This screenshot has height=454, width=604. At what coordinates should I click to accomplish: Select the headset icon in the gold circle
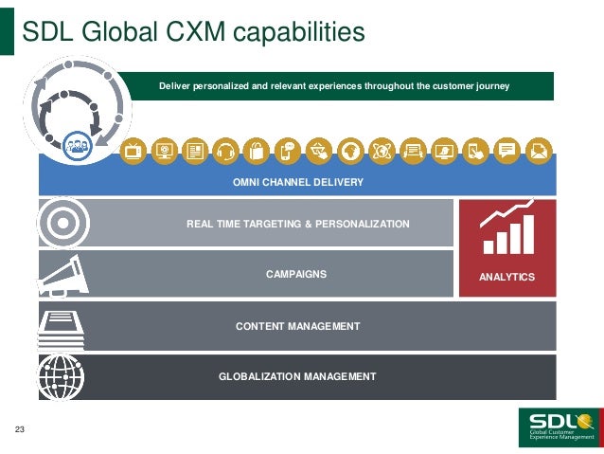tap(225, 151)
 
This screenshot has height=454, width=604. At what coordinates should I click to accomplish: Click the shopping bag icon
tap(256, 151)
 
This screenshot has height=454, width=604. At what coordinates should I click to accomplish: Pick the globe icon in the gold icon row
tap(351, 151)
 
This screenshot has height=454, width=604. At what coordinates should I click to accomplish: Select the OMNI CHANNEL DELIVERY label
tap(298, 181)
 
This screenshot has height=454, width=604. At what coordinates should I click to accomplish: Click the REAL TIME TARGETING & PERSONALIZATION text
tap(298, 224)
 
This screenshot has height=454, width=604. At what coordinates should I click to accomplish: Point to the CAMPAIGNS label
tap(296, 274)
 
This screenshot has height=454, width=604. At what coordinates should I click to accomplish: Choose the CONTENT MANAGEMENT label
tap(297, 326)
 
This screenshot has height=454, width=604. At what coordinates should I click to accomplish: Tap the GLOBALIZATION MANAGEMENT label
tap(297, 376)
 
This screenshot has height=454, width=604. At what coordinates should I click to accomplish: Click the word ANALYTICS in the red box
tap(507, 278)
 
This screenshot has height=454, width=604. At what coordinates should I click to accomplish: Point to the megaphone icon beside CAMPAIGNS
tap(60, 274)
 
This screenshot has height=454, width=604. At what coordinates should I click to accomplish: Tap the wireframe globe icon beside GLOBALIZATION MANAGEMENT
tap(60, 376)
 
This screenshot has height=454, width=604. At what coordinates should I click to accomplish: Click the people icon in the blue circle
tap(76, 148)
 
